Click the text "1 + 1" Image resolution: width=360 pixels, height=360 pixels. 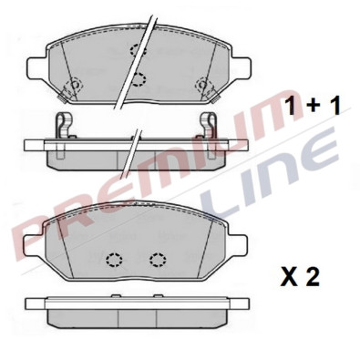[x=313, y=106]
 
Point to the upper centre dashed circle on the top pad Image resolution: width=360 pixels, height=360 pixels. [x=139, y=49]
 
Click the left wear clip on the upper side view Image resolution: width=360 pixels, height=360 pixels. [x=63, y=125]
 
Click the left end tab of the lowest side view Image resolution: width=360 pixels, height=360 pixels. [x=31, y=304]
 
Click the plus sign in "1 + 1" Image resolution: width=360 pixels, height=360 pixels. [x=313, y=107]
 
